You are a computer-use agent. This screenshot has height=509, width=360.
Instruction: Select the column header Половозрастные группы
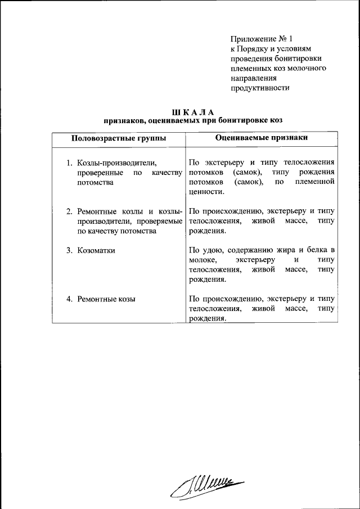point(119,138)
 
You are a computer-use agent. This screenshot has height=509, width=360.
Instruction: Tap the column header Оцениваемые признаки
point(262,138)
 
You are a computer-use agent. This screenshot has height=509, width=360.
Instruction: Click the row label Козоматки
point(96,250)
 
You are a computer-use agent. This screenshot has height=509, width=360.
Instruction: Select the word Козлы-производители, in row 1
point(116,163)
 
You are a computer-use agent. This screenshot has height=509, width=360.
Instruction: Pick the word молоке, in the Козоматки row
point(204,260)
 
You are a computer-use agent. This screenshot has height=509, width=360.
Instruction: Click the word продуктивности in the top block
point(260,88)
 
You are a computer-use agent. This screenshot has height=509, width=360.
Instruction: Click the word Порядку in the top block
point(253,49)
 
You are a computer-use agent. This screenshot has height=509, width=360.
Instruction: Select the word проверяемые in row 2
point(158,221)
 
